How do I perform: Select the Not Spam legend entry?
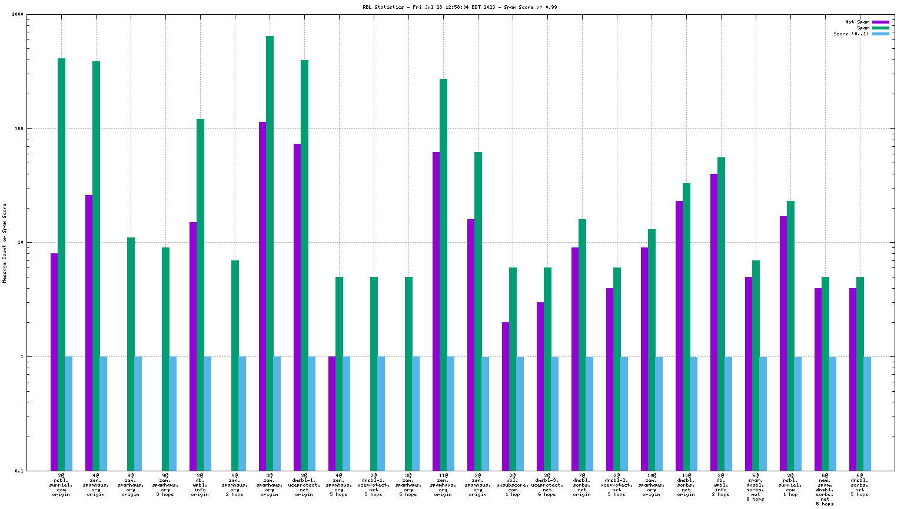(857, 22)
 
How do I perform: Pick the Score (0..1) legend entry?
(850, 34)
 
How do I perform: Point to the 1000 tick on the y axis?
(17, 15)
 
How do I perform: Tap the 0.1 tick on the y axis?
(19, 471)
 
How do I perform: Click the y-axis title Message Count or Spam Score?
(5, 243)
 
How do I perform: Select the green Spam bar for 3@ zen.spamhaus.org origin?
(270, 253)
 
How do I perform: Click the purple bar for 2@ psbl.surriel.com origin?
(54, 362)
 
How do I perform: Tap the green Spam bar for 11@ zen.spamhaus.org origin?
(443, 275)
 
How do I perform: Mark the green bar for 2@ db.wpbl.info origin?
(200, 295)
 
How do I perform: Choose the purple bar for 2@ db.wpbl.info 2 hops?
(714, 322)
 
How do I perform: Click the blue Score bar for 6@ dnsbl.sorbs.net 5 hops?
(867, 413)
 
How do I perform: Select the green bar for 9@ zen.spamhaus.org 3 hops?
(165, 359)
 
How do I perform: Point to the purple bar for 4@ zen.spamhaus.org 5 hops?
(332, 413)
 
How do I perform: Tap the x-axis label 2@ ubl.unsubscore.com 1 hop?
(513, 484)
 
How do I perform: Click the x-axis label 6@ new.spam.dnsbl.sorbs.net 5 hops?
(825, 489)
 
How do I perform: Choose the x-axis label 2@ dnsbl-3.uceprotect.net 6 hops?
(547, 484)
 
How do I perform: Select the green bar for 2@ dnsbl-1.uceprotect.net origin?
(304, 265)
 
